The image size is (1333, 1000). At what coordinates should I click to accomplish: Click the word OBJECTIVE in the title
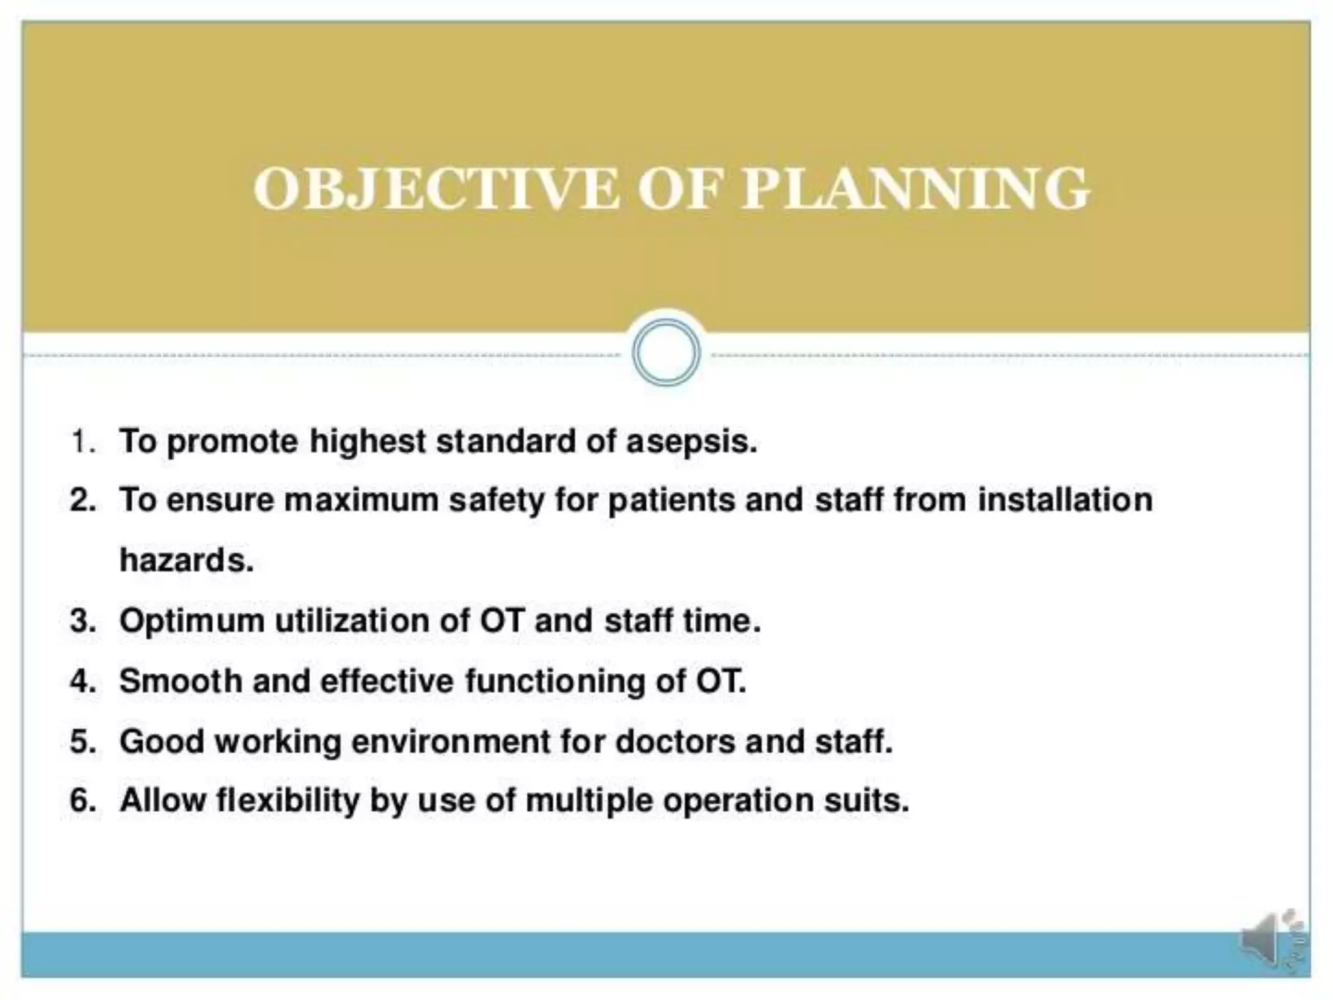coord(435,189)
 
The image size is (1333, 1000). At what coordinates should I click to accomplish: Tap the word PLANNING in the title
coord(915,189)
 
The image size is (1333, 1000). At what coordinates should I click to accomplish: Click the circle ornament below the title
coord(666,353)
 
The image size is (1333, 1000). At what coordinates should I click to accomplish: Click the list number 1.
coord(82,441)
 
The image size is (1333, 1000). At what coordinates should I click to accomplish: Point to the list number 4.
coord(82,681)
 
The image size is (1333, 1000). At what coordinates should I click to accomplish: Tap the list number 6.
coord(82,800)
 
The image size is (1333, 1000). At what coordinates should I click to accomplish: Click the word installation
coord(1064,500)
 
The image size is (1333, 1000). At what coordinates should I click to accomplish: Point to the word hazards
coord(186,561)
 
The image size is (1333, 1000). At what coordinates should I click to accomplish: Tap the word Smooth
coord(180,681)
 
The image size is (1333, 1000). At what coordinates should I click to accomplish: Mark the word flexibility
coord(287,801)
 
